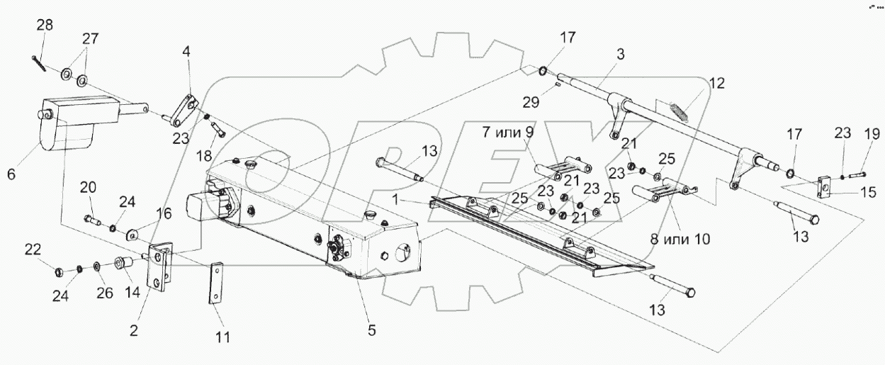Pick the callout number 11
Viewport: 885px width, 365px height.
pyautogui.click(x=223, y=337)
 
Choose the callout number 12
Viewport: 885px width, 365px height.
pyautogui.click(x=717, y=83)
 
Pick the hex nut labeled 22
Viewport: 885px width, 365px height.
pyautogui.click(x=60, y=269)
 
